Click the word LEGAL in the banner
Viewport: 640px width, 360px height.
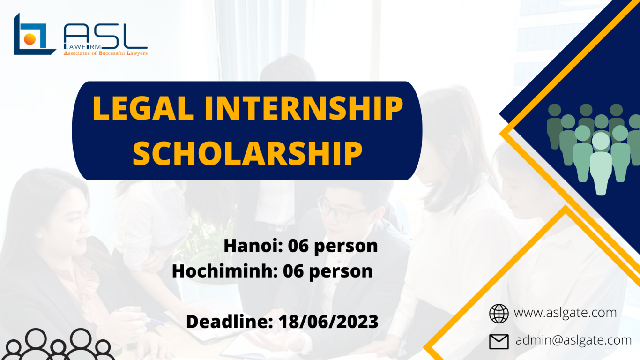[143, 108]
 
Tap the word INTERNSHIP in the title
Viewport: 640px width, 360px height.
[304, 108]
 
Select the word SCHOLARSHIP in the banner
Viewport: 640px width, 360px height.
[247, 154]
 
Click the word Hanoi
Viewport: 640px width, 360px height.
[253, 246]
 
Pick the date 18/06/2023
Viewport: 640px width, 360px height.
[328, 322]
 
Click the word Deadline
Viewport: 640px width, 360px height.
[230, 322]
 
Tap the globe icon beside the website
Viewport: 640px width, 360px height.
[499, 314]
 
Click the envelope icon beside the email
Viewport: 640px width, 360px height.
[499, 341]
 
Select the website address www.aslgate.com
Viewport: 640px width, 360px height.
[565, 313]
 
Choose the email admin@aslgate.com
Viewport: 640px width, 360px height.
[573, 340]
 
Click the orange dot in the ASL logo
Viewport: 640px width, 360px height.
[30, 39]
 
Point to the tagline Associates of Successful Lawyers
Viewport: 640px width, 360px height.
[105, 53]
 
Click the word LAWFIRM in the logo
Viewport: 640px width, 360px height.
[82, 47]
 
